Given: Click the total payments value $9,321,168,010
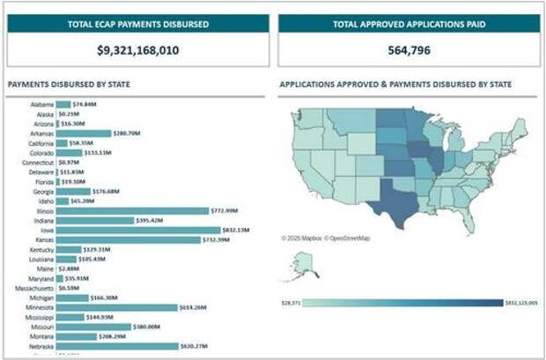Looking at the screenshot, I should coord(138,51).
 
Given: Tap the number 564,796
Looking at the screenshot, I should coord(408,51).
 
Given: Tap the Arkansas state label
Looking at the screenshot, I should coord(41,134).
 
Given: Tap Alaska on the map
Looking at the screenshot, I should coord(307,262).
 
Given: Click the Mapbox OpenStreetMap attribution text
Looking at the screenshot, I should coord(326,238).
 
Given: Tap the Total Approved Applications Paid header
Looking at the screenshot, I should coord(408,23).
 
